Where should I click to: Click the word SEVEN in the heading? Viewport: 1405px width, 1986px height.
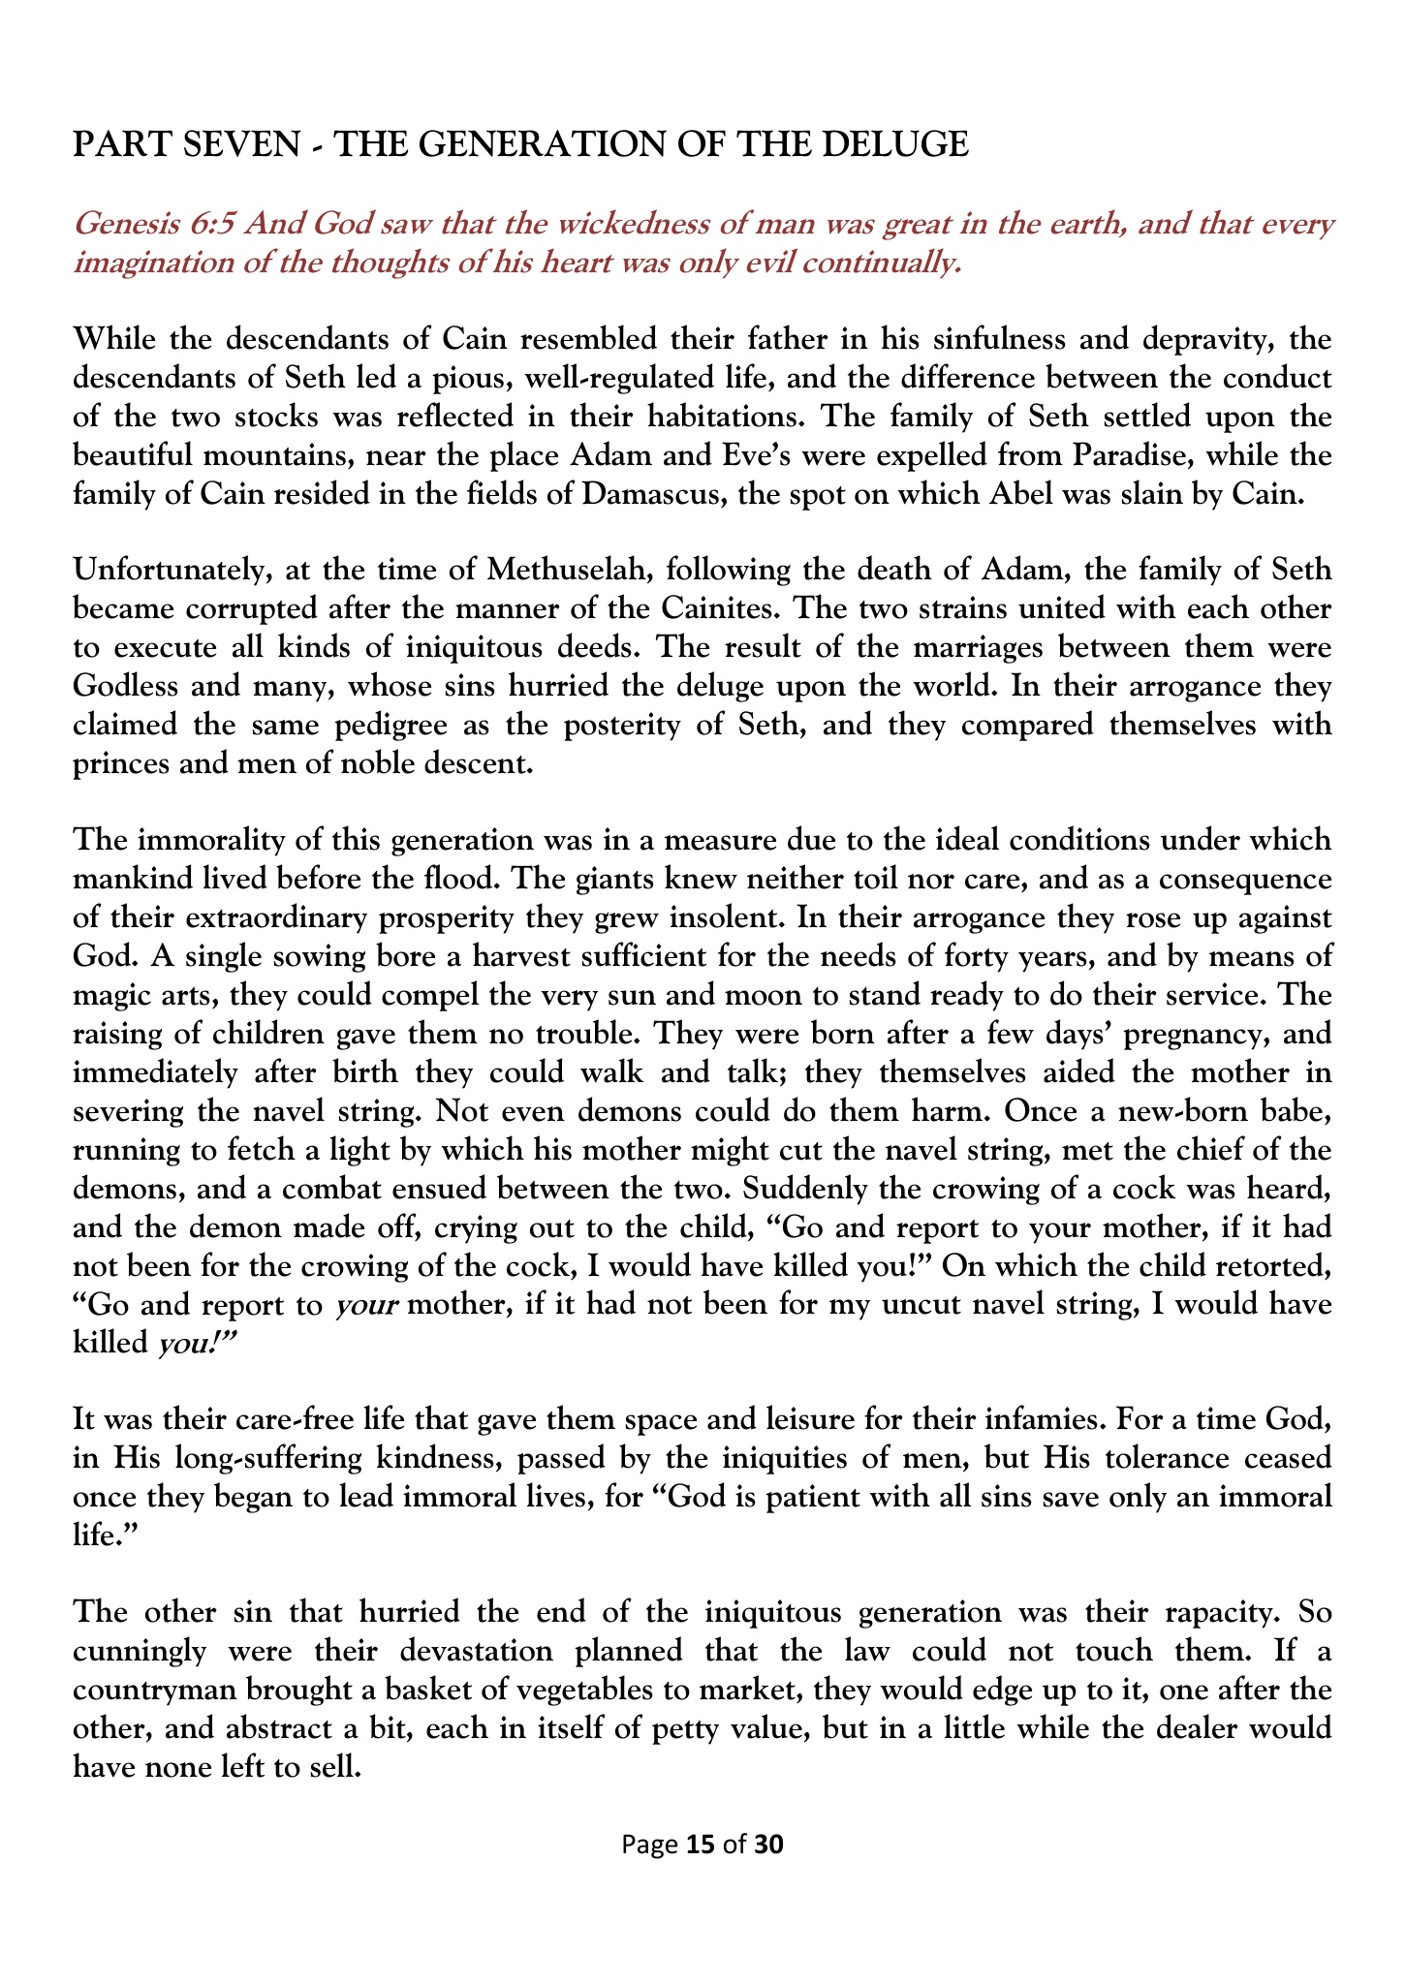pos(239,144)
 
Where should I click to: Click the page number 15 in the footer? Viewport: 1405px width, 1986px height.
pos(700,1844)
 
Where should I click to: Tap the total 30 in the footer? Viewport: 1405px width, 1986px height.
pos(767,1844)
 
